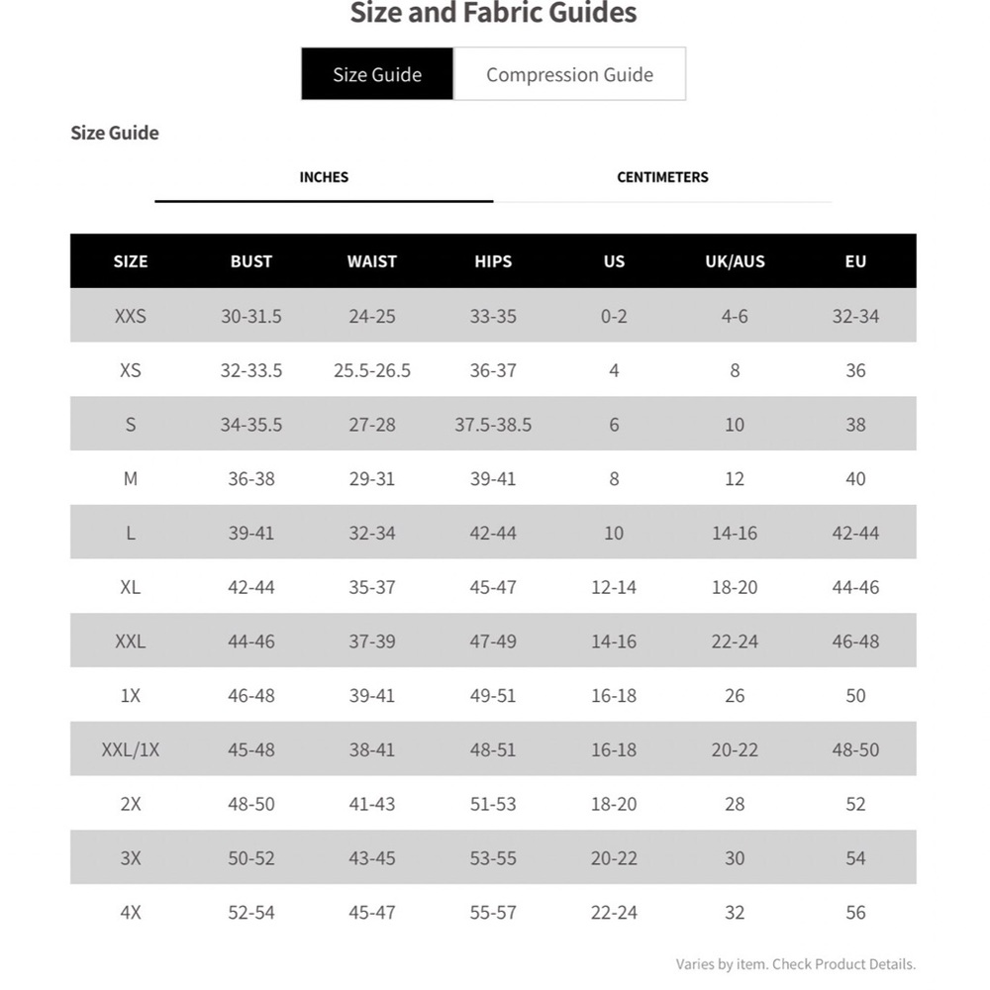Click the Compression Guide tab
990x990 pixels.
click(569, 74)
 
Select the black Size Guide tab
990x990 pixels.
click(377, 74)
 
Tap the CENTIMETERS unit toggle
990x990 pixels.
click(662, 177)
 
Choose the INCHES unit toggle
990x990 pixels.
click(324, 177)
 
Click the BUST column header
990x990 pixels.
click(250, 261)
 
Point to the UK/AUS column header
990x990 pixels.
click(735, 261)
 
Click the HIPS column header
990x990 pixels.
click(493, 261)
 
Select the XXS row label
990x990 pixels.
click(130, 316)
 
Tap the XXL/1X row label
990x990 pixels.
click(130, 749)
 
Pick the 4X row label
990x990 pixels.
click(130, 912)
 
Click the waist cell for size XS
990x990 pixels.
click(372, 370)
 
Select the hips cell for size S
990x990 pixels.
click(493, 425)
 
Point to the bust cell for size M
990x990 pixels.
click(250, 478)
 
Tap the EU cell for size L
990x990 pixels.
click(855, 533)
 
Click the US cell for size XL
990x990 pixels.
click(614, 587)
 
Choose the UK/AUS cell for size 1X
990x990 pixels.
click(735, 695)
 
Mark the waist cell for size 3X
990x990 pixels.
click(372, 858)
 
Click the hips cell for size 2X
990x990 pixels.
click(493, 804)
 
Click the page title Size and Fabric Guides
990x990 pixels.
click(493, 14)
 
